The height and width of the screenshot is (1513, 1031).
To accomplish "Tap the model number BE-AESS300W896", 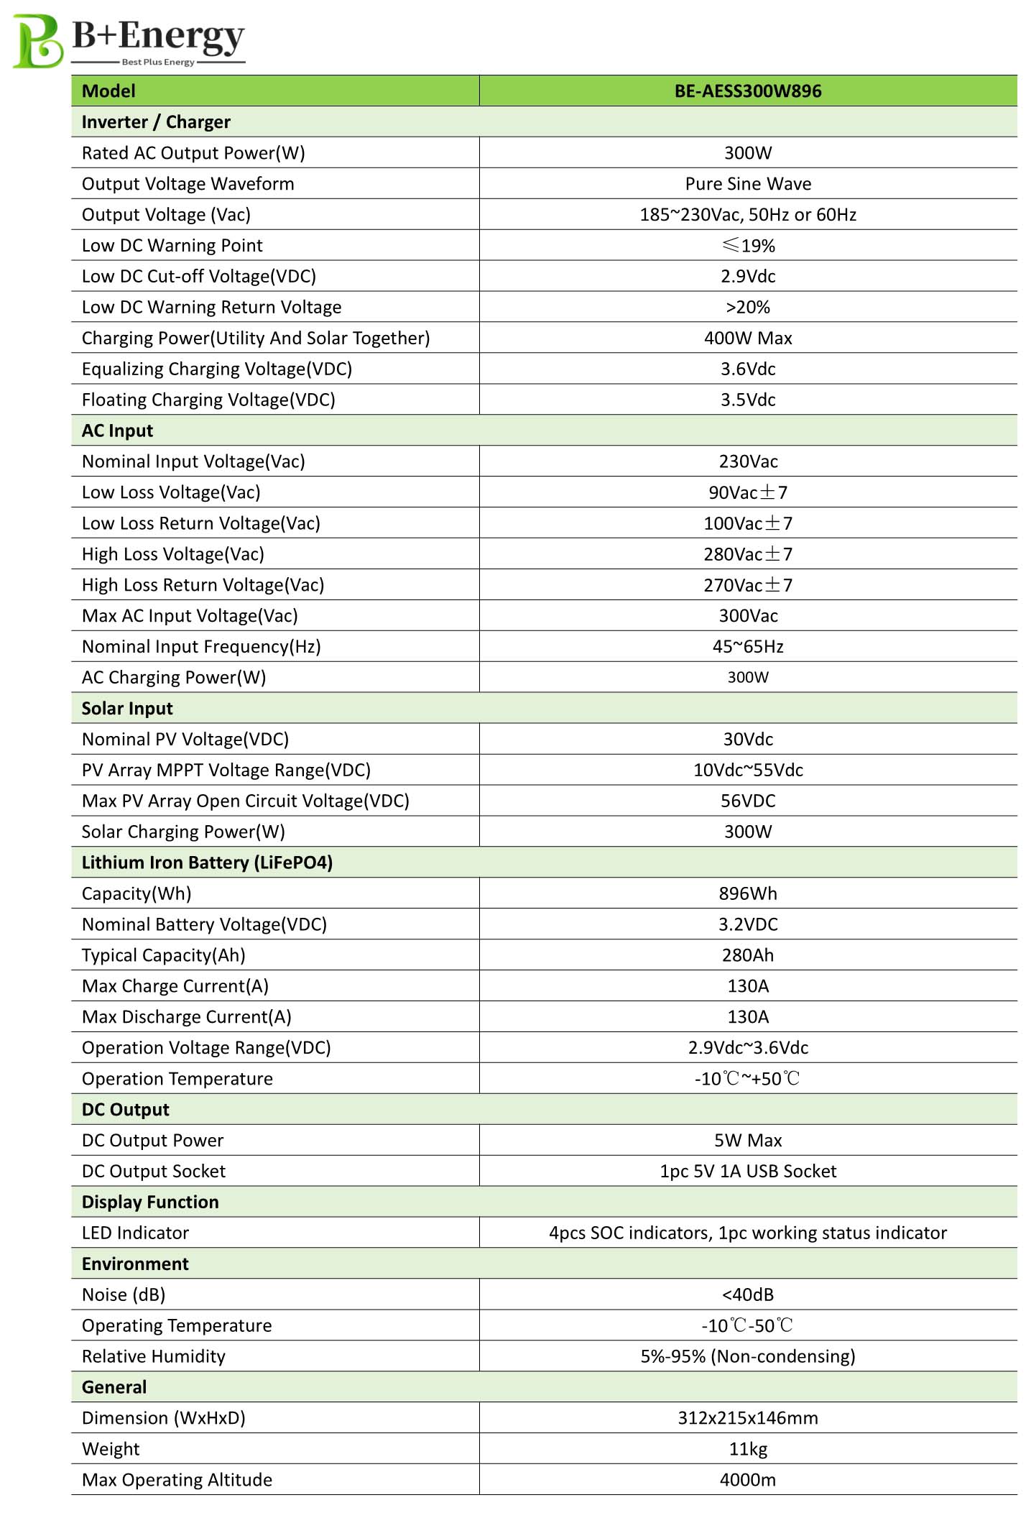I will coord(747,91).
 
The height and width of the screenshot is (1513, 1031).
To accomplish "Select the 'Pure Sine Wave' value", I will coord(747,184).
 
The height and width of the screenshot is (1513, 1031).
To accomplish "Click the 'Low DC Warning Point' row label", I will coord(172,246).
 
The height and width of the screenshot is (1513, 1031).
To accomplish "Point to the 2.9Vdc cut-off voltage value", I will coord(747,277).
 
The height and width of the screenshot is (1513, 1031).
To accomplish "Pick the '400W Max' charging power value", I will coord(747,339).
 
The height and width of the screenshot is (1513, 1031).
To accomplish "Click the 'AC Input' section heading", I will coord(117,431).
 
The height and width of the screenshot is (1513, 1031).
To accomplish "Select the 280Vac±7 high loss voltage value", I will coord(747,554).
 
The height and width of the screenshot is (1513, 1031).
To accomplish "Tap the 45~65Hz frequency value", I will coord(747,647).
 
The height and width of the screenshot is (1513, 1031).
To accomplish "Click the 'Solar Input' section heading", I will coord(127,709).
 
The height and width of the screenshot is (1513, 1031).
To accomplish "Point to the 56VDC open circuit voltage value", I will coord(747,801).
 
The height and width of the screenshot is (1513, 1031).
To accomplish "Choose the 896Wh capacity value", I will coord(747,894).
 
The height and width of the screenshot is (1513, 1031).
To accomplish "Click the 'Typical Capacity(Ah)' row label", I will coord(164,955).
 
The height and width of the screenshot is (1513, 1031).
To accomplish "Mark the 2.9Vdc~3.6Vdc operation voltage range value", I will coord(747,1048).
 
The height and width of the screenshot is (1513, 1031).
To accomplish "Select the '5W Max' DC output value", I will coord(747,1141).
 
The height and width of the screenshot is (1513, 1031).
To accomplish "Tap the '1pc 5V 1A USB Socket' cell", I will coord(747,1172).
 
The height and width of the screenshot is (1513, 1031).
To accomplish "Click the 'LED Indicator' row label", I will coord(135,1233).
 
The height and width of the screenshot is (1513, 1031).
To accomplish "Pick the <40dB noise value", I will coord(747,1295).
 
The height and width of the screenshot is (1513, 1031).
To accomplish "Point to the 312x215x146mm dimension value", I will coord(747,1418).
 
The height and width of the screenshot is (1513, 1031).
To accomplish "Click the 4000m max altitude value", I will coord(747,1480).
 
